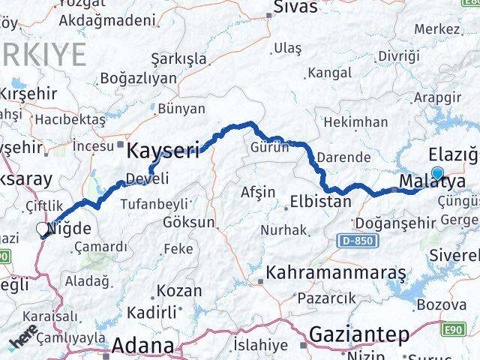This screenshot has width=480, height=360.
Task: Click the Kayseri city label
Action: pos(163,151)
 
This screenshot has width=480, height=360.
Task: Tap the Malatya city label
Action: pos(432,181)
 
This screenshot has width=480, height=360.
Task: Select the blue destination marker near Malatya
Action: pos(437,173)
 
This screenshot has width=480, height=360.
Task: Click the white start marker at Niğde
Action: pos(42,229)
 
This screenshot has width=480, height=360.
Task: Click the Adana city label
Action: pos(142,346)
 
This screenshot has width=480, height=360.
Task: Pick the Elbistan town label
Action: pos(320,202)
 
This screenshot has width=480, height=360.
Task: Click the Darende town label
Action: pos(343,157)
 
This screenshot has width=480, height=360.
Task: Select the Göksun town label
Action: pos(189,223)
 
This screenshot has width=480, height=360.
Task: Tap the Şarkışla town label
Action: pos(178,58)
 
